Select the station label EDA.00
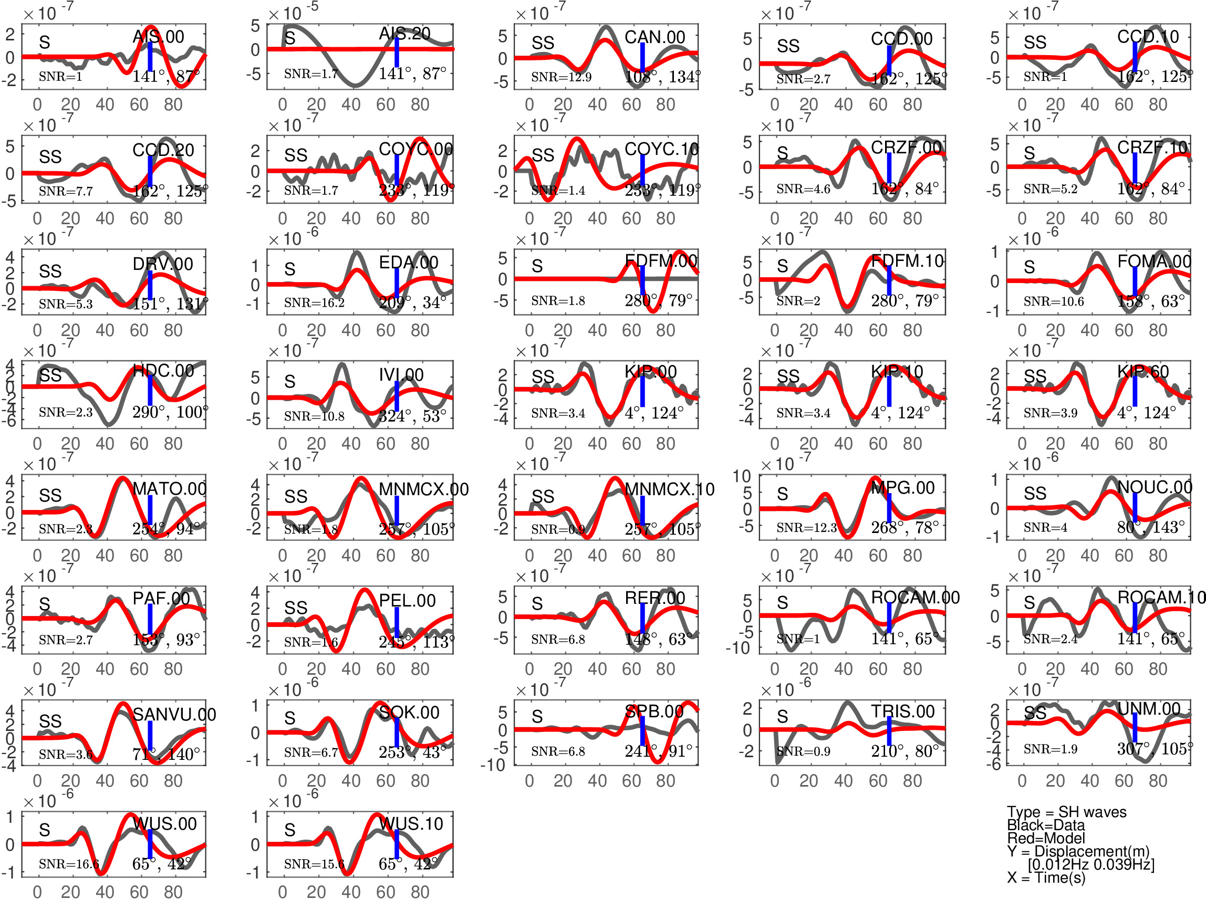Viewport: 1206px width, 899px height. (x=408, y=263)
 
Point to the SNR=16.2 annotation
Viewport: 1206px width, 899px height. (x=314, y=302)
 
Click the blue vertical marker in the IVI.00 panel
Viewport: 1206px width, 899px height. (x=397, y=395)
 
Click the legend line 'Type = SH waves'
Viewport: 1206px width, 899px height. (x=1066, y=812)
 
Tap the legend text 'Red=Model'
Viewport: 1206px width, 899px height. (x=1045, y=838)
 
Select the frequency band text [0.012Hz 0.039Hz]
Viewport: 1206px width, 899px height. (x=1090, y=864)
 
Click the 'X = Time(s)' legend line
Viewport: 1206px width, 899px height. (x=1045, y=877)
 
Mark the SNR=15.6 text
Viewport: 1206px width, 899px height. (x=314, y=864)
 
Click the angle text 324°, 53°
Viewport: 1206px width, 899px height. (x=412, y=416)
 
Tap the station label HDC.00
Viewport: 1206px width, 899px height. (x=163, y=371)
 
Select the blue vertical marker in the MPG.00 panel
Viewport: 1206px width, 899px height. (x=889, y=507)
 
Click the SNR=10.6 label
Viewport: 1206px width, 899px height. (x=1053, y=301)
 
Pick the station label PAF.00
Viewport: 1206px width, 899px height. (x=161, y=599)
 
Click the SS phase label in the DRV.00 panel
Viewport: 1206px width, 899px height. (x=50, y=271)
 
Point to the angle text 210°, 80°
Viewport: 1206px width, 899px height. (x=904, y=751)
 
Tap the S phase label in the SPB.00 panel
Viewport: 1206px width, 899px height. (x=537, y=717)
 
